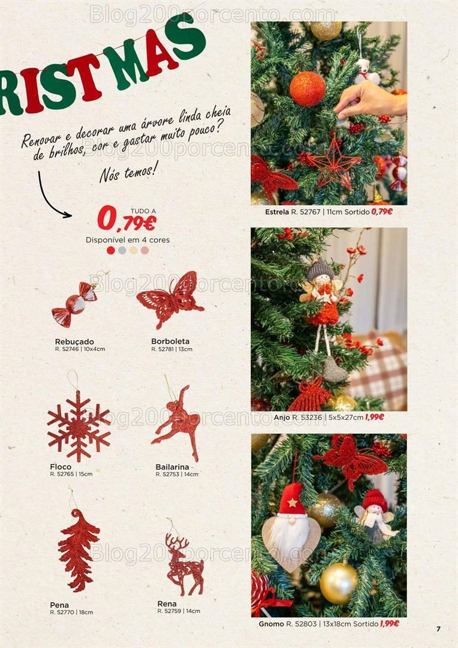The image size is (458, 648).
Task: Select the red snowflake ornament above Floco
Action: [79, 425]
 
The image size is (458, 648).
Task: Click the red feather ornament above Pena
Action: [78, 550]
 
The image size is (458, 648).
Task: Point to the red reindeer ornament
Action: [183, 564]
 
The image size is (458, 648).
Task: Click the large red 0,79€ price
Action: [126, 219]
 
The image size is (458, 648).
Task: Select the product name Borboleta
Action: [170, 341]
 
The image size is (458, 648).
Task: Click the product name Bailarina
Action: [172, 467]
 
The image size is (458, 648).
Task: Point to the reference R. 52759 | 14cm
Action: [179, 611]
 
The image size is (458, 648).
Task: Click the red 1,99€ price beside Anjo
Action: [374, 417]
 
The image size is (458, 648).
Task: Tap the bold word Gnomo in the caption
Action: [271, 624]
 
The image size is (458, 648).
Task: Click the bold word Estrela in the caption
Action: [277, 212]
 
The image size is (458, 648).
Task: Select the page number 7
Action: [438, 629]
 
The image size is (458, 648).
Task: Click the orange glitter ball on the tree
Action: [308, 89]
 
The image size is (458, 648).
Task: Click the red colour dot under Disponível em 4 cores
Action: [110, 250]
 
